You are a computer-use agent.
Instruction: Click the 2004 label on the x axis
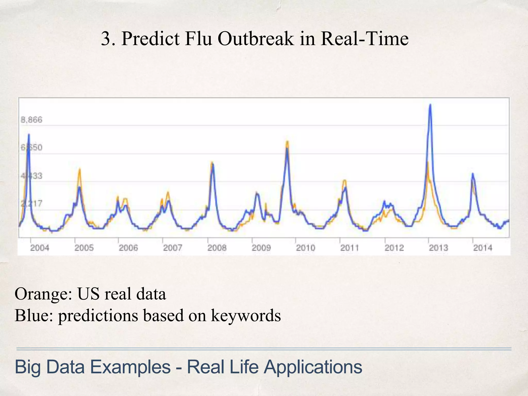click(39, 248)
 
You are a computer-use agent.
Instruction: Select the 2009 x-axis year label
click(261, 248)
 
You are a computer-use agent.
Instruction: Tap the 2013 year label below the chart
click(438, 248)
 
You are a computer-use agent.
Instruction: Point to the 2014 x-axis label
click(483, 248)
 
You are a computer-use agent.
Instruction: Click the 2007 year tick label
click(172, 248)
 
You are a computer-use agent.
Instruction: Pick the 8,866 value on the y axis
click(31, 120)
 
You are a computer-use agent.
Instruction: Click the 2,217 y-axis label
click(31, 204)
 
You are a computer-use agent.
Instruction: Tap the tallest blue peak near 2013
click(430, 105)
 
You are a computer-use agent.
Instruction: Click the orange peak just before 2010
click(287, 142)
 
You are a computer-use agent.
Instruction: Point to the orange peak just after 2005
click(80, 169)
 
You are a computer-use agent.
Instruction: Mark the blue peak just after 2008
click(212, 164)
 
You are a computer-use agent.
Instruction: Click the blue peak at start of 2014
click(473, 174)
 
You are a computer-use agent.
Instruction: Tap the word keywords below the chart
click(246, 315)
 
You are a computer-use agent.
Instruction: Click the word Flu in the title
click(198, 39)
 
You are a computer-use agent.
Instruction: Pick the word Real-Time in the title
click(365, 39)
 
